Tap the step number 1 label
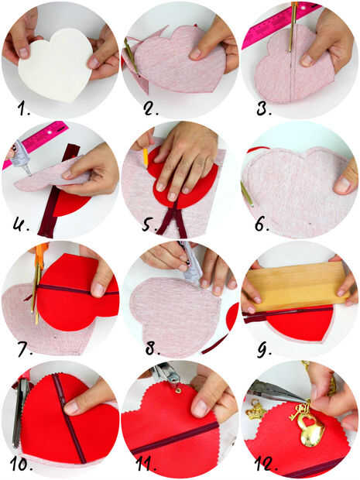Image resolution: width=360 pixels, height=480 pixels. click(x=23, y=108)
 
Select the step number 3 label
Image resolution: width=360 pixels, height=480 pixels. click(x=263, y=108)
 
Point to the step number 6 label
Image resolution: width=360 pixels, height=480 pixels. click(x=262, y=225)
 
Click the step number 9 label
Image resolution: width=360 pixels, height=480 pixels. click(x=263, y=350)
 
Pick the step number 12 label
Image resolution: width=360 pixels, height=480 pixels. click(x=266, y=464)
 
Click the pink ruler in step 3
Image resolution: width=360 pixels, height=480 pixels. click(x=276, y=24)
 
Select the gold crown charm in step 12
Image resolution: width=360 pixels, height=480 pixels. click(x=255, y=410)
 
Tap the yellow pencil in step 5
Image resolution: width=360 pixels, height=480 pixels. click(x=146, y=156)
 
